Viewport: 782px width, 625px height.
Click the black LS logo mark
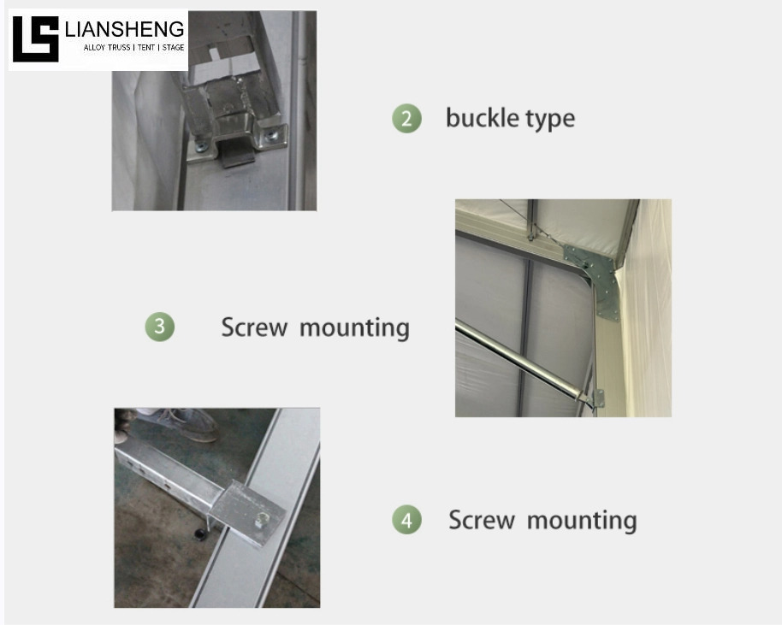tap(36, 39)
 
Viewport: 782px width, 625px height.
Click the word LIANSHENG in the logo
tap(125, 29)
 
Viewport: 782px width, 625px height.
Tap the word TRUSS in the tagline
tap(118, 47)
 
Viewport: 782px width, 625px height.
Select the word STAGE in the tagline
tap(173, 47)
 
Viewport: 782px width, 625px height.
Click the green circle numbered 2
tap(407, 119)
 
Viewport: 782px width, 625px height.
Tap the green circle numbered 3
tap(160, 327)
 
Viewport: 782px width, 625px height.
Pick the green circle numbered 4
tap(407, 519)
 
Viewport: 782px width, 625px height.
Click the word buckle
tap(476, 118)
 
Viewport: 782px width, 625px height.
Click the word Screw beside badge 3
tap(254, 327)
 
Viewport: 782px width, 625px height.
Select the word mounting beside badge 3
tap(354, 329)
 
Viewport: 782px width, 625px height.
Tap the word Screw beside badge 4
tap(482, 520)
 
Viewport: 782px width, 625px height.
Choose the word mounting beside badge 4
tap(582, 522)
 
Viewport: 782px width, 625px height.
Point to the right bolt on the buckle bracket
tap(271, 134)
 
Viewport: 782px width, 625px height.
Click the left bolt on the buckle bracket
tap(202, 146)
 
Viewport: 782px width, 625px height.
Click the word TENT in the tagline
tap(146, 47)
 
